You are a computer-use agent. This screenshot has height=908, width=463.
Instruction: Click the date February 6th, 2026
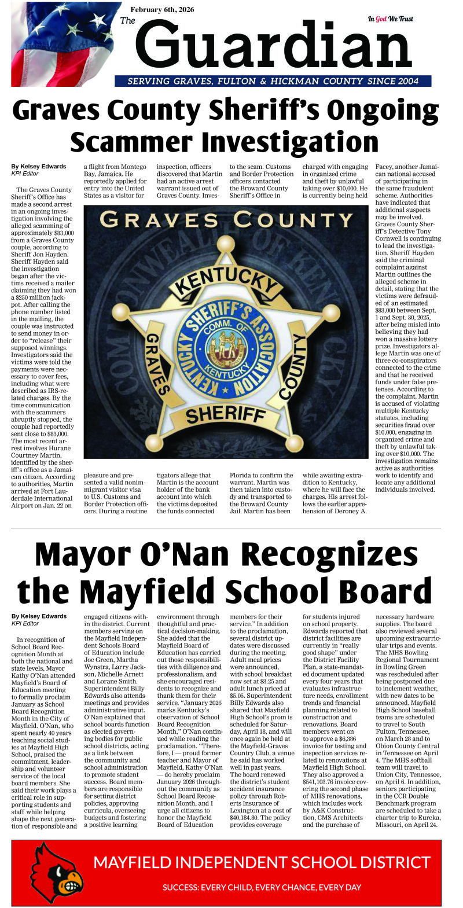[162, 10]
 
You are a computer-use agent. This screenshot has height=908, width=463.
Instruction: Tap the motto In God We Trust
[390, 19]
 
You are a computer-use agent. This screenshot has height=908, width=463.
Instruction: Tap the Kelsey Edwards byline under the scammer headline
[39, 167]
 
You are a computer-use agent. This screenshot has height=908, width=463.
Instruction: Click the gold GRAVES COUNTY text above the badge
[226, 220]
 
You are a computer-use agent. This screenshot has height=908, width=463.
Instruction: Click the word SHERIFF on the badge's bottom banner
[226, 413]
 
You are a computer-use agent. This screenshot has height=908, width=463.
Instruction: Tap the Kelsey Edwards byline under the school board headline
[39, 616]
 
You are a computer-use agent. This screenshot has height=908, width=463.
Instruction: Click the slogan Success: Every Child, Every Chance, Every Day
[262, 887]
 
